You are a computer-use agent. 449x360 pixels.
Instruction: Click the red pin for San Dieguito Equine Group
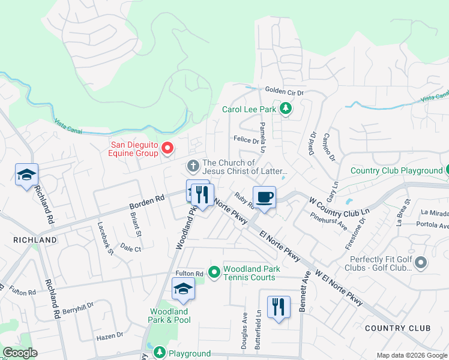(x=168, y=147)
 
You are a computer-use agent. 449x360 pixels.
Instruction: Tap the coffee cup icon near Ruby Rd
(x=264, y=196)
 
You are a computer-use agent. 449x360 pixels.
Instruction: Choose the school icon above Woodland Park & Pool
(x=184, y=289)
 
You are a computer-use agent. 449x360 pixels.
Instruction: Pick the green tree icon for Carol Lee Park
(x=286, y=109)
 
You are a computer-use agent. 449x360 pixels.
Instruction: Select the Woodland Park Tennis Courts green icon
(x=214, y=273)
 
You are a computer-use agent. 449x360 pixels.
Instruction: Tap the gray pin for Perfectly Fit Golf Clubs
(x=420, y=262)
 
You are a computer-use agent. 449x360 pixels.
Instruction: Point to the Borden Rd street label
(x=146, y=203)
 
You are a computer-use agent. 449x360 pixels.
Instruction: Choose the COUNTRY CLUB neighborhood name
(x=397, y=328)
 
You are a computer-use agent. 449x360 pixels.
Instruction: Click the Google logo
(x=20, y=353)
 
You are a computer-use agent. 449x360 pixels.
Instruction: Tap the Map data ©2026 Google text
(x=411, y=355)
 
